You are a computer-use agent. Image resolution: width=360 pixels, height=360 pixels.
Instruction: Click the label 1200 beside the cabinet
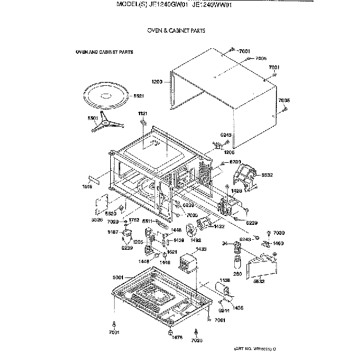[157, 82]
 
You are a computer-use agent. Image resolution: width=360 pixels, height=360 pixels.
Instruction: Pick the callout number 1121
[142, 114]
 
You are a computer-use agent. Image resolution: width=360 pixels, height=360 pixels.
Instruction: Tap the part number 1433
[201, 250]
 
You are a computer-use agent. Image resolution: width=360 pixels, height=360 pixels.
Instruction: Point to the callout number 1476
[177, 337]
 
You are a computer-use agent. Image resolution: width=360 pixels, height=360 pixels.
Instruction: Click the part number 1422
[219, 226]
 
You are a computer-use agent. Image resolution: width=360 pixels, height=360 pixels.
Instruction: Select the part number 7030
[279, 233]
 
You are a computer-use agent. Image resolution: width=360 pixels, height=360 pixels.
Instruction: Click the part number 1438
[225, 281]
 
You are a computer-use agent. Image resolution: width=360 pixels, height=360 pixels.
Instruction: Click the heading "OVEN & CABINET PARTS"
[176, 31]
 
